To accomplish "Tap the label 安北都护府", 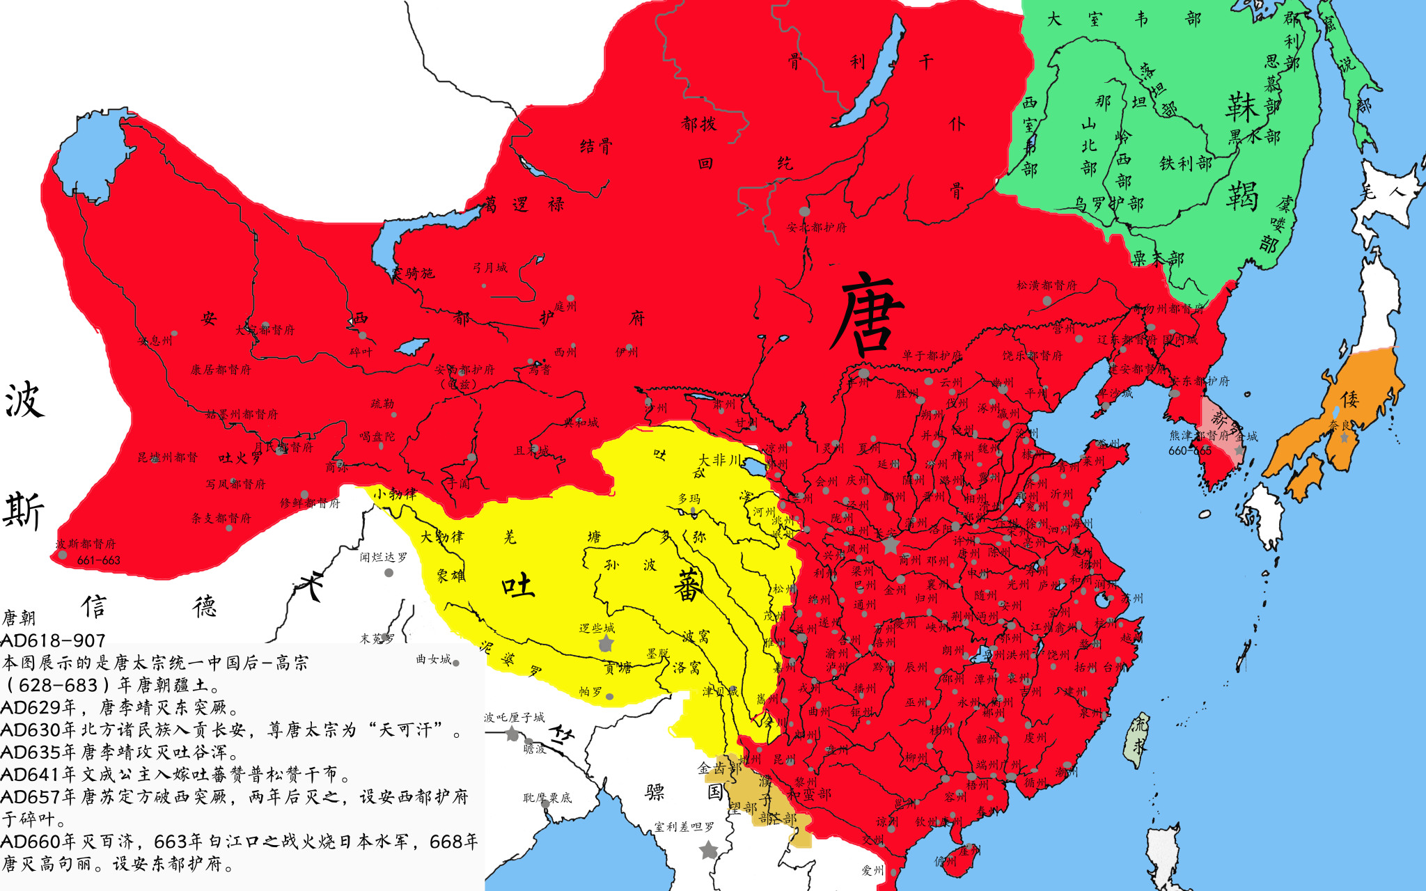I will (x=816, y=227).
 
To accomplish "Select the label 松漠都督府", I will (x=1046, y=285).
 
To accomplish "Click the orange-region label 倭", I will (x=1349, y=399).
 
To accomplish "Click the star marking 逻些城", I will (x=606, y=643).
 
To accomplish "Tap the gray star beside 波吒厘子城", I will (x=512, y=733).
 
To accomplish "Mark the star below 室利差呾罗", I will (x=708, y=850).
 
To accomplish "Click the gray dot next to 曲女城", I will (x=456, y=663).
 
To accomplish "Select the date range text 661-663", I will (x=98, y=560).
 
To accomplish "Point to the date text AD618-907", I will (x=53, y=640).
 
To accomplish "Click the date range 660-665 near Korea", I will (x=1189, y=450).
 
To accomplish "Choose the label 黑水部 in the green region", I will (x=1254, y=136).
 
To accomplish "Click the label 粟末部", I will (x=1157, y=258).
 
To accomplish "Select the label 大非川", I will (x=721, y=459).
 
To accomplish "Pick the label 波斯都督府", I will (x=86, y=544).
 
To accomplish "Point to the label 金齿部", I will (x=719, y=768).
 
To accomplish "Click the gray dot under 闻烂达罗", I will (x=389, y=573).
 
